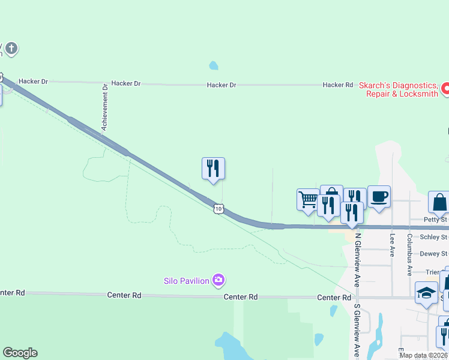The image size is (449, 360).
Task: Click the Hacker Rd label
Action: [x=337, y=85]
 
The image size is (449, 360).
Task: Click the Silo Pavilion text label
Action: [x=187, y=281]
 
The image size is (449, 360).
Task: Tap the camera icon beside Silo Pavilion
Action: [x=218, y=280]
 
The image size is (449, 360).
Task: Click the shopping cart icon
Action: [x=308, y=199]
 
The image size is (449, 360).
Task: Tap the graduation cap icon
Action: [x=426, y=293]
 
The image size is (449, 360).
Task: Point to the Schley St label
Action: [x=433, y=238]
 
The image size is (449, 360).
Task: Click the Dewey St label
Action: [x=433, y=254]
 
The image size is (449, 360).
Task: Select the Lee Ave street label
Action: [x=393, y=242]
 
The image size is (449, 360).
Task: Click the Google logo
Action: [x=20, y=353]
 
